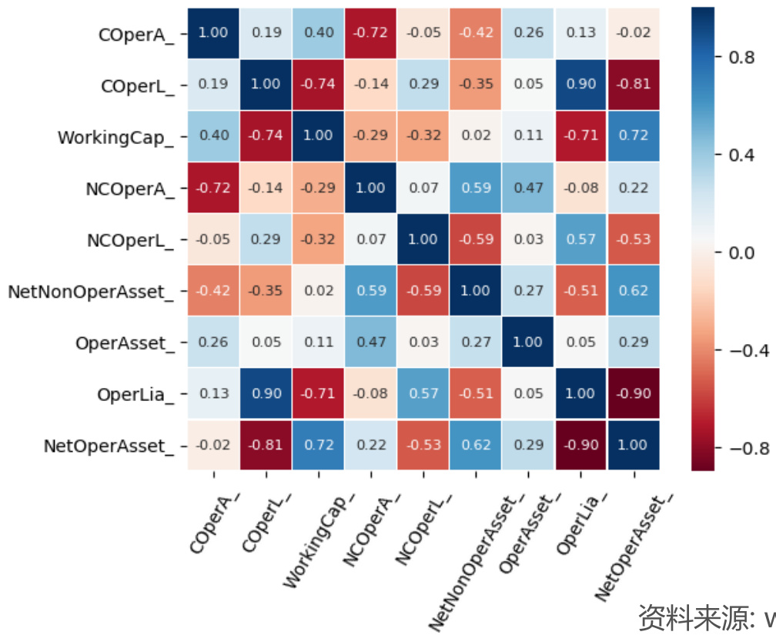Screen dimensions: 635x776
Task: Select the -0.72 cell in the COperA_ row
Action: tap(370, 33)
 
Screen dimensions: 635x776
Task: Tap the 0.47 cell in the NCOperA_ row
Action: tap(527, 188)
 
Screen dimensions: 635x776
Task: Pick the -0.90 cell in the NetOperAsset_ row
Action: tap(580, 445)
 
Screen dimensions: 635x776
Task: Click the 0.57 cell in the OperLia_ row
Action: tap(423, 393)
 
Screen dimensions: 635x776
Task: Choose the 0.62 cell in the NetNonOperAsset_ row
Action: tap(633, 291)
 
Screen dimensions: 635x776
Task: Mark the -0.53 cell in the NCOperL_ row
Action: tap(633, 239)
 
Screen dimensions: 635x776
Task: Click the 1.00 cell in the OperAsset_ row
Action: tap(527, 343)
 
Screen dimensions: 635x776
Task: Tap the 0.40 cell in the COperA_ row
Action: tap(318, 33)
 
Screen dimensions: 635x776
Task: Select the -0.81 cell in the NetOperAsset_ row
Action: tap(266, 445)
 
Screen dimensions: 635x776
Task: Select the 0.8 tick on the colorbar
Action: tap(741, 57)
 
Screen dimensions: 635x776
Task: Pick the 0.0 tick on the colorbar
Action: tap(741, 252)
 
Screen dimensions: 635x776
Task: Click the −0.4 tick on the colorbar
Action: tap(744, 350)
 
